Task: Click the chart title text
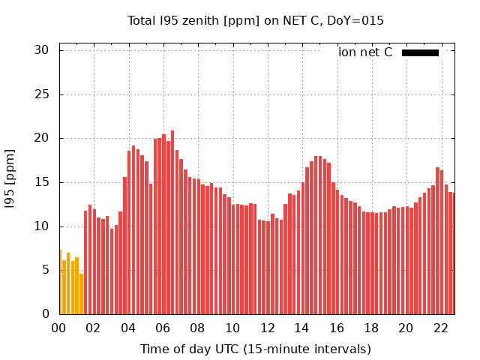(255, 21)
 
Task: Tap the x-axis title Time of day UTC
(255, 349)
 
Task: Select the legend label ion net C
(365, 52)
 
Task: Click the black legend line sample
(420, 52)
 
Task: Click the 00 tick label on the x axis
(59, 328)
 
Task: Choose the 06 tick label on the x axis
(163, 328)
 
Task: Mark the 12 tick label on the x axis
(267, 328)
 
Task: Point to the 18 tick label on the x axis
(371, 328)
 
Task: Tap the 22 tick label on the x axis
(440, 328)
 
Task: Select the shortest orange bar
(81, 294)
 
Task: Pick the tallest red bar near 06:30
(172, 223)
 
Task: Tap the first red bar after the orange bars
(85, 262)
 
